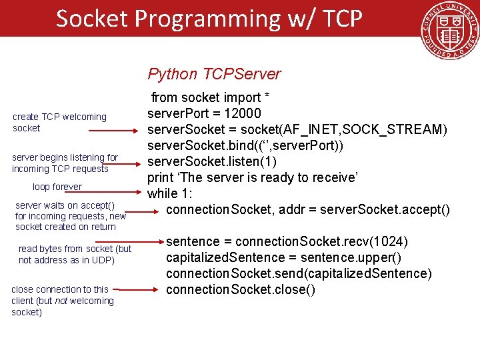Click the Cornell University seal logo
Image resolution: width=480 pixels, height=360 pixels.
pyautogui.click(x=449, y=31)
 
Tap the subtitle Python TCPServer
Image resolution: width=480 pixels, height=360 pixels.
pyautogui.click(x=214, y=74)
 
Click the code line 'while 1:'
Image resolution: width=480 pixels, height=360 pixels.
pyautogui.click(x=170, y=194)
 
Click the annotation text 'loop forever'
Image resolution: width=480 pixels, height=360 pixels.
pyautogui.click(x=57, y=187)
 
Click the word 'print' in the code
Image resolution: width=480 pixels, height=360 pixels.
pyautogui.click(x=161, y=178)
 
